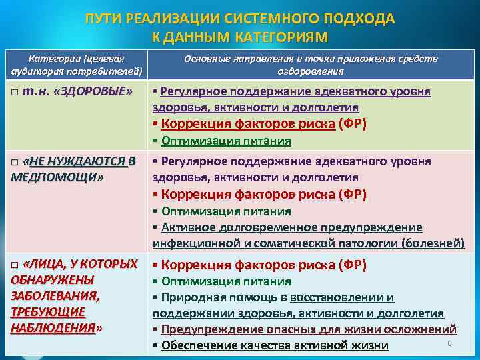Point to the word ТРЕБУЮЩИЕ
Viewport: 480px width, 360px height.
tap(48, 311)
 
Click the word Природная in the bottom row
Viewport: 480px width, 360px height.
tap(190, 297)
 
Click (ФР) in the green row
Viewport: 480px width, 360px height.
tap(353, 123)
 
